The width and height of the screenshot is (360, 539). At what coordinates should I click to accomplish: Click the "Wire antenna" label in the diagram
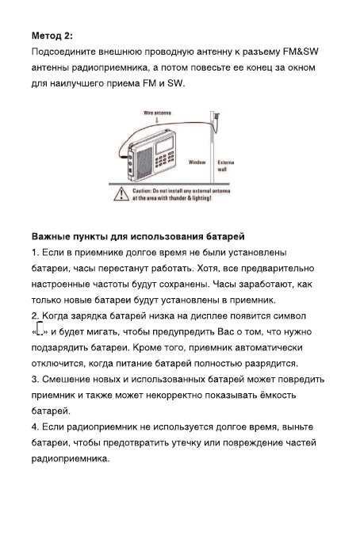coord(159,113)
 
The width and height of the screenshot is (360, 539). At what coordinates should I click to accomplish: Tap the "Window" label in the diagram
coord(197,162)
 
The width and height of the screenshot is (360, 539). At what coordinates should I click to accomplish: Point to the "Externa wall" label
coord(225,165)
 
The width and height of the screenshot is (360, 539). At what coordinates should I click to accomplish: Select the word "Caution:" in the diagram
coord(144,192)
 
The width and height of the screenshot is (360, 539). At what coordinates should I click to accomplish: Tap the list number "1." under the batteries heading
coord(36,253)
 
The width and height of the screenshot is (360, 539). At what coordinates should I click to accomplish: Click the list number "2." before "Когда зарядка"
coord(36,315)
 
